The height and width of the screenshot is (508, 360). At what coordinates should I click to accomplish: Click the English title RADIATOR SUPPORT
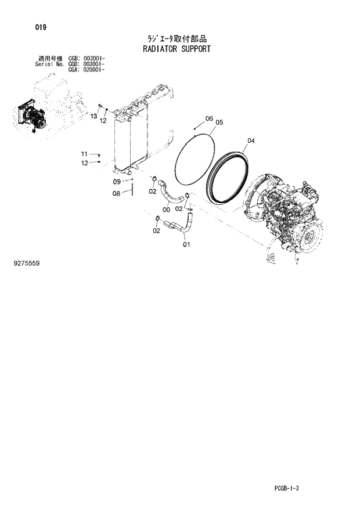[176, 49]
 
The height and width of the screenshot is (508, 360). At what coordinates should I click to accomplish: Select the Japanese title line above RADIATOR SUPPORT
[176, 39]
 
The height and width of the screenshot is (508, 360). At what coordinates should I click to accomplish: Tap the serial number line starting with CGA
[87, 69]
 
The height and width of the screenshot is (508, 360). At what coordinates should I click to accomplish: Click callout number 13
[93, 117]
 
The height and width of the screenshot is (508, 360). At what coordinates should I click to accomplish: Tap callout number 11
[84, 153]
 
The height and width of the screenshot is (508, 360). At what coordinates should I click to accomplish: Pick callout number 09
[116, 182]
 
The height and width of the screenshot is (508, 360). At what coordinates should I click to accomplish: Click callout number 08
[116, 193]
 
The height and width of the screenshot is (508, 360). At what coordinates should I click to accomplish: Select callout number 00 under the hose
[166, 210]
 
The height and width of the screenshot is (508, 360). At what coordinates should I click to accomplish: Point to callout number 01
[186, 244]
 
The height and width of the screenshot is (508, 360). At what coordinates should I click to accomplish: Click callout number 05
[219, 123]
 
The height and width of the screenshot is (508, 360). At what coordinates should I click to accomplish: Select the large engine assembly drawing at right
[285, 215]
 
